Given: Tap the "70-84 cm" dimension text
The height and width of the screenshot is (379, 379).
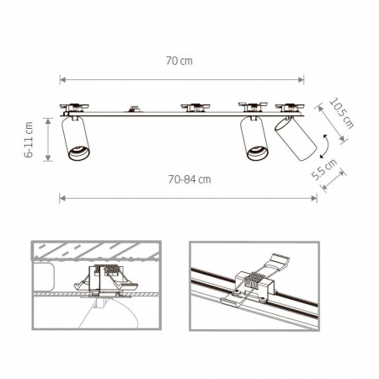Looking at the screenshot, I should point(189,179).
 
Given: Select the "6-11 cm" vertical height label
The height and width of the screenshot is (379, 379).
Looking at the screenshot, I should point(30,141).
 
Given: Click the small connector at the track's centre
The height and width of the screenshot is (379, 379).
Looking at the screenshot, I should point(132,109).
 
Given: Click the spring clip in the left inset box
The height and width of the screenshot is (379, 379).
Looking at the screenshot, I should point(105,279).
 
